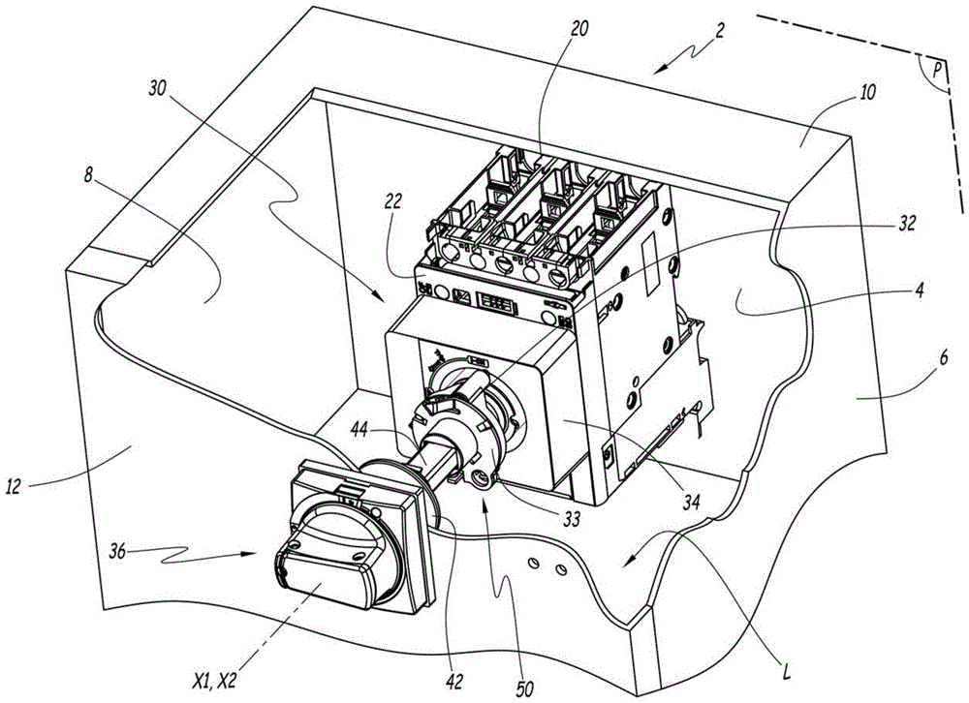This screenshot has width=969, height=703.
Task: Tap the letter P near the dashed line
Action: (937, 71)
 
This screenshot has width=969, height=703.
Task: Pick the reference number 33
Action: (571, 519)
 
